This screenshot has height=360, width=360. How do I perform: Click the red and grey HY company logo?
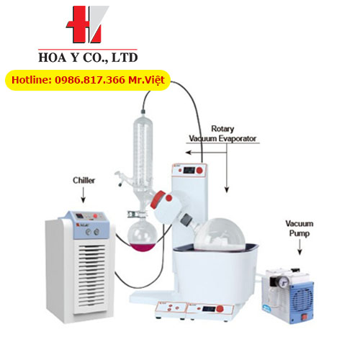(87, 24)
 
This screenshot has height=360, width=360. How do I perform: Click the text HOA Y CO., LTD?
(88, 58)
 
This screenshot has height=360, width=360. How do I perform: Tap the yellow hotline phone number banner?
(88, 80)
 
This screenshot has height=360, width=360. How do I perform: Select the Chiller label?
(84, 180)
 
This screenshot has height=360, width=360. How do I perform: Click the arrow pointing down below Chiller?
(84, 195)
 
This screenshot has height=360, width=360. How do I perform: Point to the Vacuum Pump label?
(300, 228)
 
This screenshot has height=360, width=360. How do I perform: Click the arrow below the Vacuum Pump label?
(300, 247)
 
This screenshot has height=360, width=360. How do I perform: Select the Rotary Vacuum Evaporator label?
(222, 134)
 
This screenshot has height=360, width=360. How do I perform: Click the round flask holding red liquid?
(143, 236)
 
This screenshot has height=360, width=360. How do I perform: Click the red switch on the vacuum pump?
(304, 318)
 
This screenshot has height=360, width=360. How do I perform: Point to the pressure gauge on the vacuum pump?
(284, 280)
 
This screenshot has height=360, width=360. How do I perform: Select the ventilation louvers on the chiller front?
(91, 275)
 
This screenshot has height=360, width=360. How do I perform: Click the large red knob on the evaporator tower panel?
(199, 171)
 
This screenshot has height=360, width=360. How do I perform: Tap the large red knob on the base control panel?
(220, 309)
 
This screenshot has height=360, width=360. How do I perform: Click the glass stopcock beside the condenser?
(122, 178)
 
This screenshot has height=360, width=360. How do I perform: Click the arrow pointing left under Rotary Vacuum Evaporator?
(206, 153)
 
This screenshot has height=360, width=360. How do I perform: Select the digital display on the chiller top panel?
(79, 215)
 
